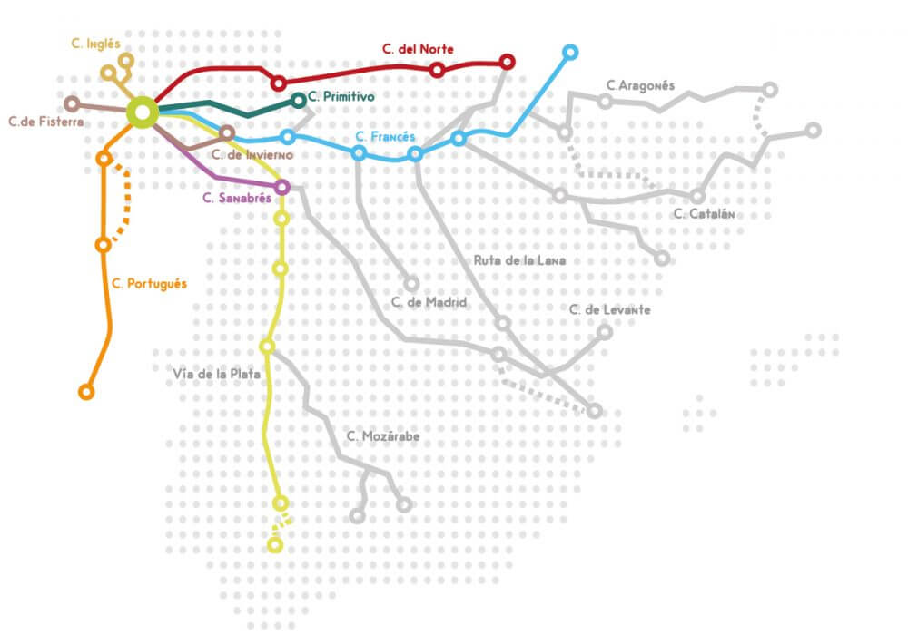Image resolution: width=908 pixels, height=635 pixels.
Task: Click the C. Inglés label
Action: point(95,43)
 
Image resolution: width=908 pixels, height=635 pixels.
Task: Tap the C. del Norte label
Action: point(419,49)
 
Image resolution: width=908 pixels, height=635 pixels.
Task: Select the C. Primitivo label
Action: point(341,96)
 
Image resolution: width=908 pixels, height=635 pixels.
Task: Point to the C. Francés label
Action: point(385,137)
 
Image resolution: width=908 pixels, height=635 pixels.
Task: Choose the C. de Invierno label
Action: point(253,154)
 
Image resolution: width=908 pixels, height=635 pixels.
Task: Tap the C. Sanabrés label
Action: point(237,199)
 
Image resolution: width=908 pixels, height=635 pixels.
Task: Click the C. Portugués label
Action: point(150,284)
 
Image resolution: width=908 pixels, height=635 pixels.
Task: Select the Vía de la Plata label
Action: point(217,373)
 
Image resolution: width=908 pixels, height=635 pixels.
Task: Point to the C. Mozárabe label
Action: point(383,437)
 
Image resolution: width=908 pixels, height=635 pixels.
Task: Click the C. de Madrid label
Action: point(429,302)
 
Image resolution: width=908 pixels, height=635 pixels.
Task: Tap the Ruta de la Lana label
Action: point(519,260)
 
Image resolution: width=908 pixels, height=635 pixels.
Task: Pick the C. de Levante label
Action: point(609,309)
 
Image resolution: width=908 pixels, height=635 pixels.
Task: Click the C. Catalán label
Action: point(704,215)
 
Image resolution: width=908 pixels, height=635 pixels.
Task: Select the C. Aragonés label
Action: point(641,86)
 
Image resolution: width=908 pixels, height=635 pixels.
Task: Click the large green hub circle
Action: point(143,112)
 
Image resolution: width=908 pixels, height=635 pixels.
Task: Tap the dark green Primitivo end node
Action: point(299,100)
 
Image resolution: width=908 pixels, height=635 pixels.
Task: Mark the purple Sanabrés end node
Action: point(281,187)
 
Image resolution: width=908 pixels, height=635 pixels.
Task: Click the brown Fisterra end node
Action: point(72,103)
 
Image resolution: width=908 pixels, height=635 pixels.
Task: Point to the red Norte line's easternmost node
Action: point(508,62)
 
